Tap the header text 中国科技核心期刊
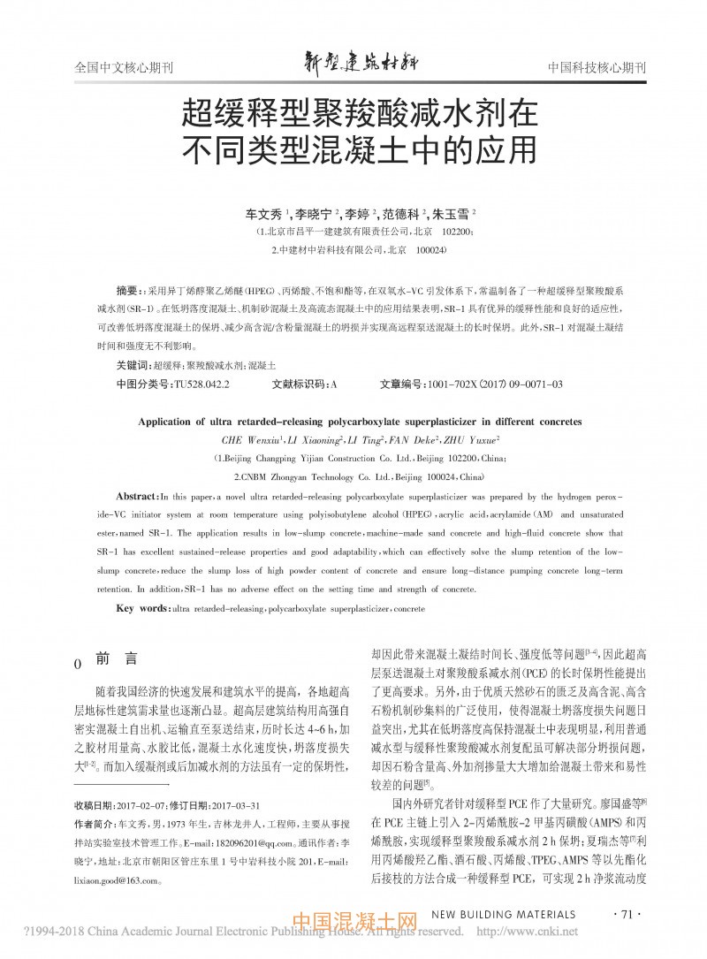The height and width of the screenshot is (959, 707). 597,68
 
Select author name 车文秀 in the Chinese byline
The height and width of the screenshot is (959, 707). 262,215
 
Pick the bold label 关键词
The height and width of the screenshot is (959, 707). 133,365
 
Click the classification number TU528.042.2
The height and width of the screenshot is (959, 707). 202,384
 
